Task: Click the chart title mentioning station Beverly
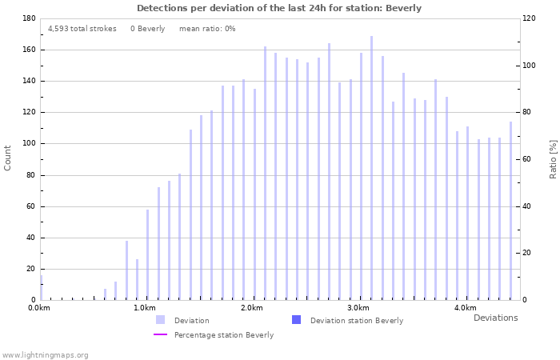click(x=278, y=8)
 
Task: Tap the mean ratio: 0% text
click(x=207, y=29)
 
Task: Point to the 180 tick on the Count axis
click(x=27, y=18)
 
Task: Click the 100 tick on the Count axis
click(x=27, y=144)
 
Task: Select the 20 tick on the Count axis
click(x=30, y=269)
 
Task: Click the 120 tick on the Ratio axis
click(x=530, y=18)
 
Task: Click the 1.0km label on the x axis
click(x=145, y=308)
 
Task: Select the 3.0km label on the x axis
click(x=358, y=308)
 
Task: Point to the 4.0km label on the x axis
click(x=465, y=308)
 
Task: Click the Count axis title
click(x=8, y=158)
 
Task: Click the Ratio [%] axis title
click(x=553, y=158)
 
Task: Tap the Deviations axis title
click(x=495, y=318)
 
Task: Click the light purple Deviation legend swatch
click(x=161, y=320)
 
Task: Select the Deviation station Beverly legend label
click(x=357, y=321)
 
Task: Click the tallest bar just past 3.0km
click(x=371, y=168)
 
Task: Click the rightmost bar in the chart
click(x=510, y=211)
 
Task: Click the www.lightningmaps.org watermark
click(x=45, y=354)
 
